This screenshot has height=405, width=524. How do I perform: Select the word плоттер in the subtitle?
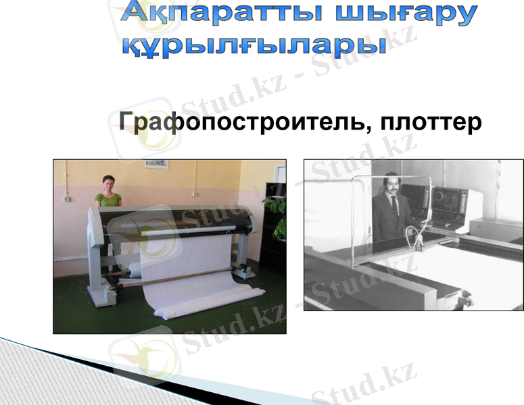click(430, 122)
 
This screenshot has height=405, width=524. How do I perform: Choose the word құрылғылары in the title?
click(253, 45)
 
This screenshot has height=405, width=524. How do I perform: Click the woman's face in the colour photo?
click(108, 182)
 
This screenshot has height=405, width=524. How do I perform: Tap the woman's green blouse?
click(108, 199)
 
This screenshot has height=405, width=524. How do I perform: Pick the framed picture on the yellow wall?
click(156, 163)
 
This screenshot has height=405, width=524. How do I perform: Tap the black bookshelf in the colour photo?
click(273, 250)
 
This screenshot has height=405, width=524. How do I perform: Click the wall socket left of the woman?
click(66, 200)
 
